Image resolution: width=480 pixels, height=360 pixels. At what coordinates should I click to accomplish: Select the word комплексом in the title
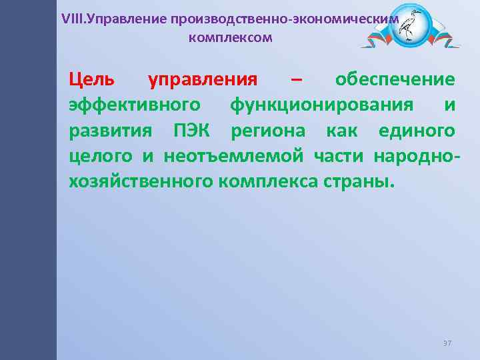(x=231, y=37)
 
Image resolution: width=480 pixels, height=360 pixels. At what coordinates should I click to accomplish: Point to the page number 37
(x=447, y=343)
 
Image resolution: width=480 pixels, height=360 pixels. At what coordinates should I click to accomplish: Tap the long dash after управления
(x=296, y=81)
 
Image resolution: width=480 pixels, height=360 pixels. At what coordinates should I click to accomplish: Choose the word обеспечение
(x=395, y=81)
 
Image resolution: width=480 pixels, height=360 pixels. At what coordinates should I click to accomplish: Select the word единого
(x=417, y=130)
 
